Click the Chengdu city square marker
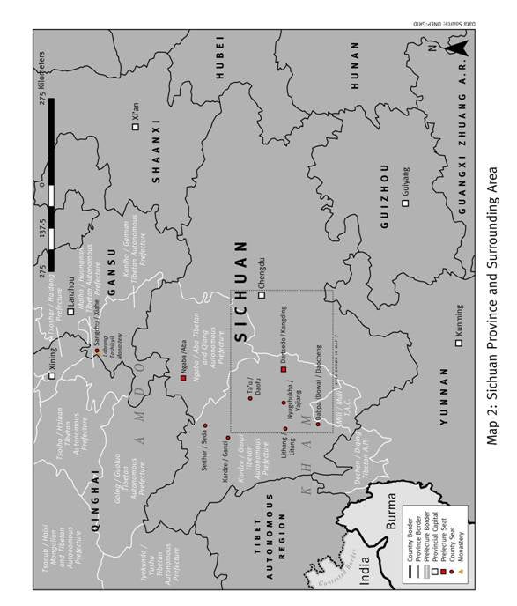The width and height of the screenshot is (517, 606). click(261, 296)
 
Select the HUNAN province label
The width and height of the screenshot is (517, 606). click(355, 67)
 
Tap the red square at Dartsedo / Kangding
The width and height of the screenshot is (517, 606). click(283, 369)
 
